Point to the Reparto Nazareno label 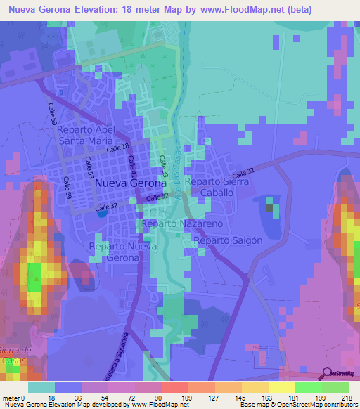pos(182,223)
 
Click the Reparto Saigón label pos(229,240)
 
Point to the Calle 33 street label pos(164,166)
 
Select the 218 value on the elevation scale pos(347,397)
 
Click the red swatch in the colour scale pos(174,387)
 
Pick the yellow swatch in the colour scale pos(281,387)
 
